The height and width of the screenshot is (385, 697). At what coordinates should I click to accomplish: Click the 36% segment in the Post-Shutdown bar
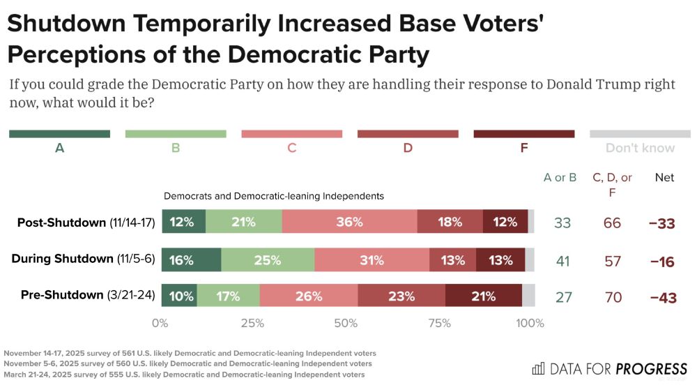coord(349,222)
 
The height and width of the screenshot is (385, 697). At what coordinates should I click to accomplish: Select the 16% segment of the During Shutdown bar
coord(191,260)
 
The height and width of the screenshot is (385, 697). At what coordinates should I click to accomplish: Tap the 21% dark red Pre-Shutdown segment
coord(483,296)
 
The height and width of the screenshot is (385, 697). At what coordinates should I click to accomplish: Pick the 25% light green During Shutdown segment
coord(268,260)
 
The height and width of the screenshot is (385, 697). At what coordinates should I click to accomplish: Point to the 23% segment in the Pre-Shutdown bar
coord(401,296)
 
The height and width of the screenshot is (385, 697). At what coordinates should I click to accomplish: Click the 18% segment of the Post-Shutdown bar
coord(450,222)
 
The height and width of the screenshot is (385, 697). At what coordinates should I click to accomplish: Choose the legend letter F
coord(523,148)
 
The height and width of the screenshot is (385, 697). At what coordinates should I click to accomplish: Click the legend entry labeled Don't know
coord(640,148)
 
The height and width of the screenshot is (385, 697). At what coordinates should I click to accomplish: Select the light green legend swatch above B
coord(175,134)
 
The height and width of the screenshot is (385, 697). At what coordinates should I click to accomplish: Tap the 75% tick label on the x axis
coord(438,324)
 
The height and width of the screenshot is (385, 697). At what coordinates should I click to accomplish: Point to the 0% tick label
coord(160,324)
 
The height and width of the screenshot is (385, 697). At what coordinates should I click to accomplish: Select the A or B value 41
coord(563,261)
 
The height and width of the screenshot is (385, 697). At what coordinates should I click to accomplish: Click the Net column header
coord(664,178)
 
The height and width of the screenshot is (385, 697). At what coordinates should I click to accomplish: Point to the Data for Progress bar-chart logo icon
coord(538,368)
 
